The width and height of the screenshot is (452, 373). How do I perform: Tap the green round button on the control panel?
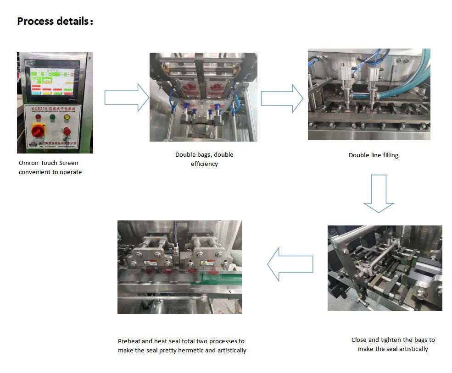tap(51, 117)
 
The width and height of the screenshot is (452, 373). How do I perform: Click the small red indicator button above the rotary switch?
tap(37, 117)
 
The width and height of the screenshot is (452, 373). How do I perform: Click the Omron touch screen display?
tap(51, 83)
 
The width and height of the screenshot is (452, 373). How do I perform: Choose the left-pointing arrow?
tap(290, 264)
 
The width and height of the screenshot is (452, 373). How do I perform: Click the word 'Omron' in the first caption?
tap(28, 163)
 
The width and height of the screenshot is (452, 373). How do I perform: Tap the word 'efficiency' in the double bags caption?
tap(204, 164)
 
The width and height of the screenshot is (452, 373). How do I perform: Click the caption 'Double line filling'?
tap(374, 155)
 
